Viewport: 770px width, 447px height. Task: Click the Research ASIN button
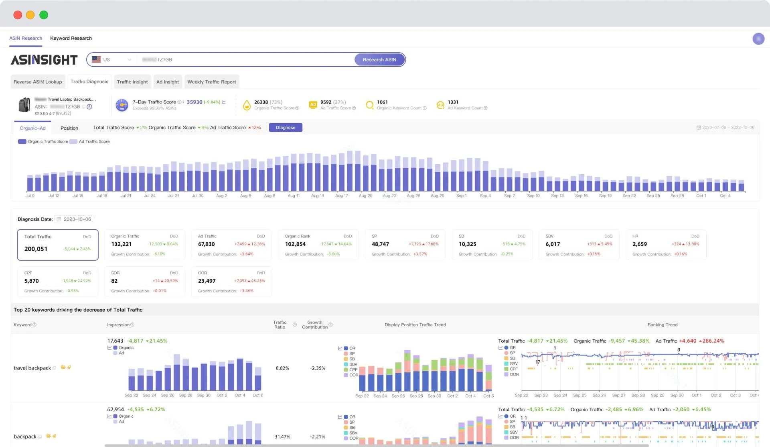pos(379,59)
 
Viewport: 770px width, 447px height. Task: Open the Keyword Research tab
pos(71,38)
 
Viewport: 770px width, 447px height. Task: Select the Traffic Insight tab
pos(132,82)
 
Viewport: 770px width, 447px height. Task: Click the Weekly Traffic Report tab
pos(211,82)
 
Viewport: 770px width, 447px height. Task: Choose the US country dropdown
pos(111,59)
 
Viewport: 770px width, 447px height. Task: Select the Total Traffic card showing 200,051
pos(57,245)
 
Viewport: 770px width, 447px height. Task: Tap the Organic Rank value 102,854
pos(295,244)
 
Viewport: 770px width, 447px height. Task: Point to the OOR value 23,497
pos(207,281)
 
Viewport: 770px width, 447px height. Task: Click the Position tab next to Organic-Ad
pos(69,128)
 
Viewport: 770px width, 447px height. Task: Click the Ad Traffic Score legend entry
pos(94,142)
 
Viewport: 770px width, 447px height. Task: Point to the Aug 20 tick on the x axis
pos(365,196)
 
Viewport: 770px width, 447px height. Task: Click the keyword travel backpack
pos(32,368)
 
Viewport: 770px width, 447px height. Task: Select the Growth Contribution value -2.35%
pos(317,368)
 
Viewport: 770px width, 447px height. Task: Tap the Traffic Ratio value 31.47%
pos(282,437)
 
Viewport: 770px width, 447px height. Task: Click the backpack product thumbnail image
pos(24,105)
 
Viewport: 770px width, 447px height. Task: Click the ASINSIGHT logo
pos(44,60)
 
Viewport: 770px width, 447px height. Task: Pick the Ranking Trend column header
pos(662,325)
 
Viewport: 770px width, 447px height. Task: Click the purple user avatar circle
pos(758,39)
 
